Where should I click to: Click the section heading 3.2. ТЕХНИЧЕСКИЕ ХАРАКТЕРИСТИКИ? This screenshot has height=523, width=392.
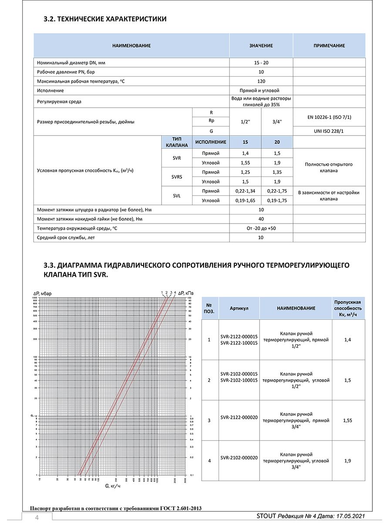105,19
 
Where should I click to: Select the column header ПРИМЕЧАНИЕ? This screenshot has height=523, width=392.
329,45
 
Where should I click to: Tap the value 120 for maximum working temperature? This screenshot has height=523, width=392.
261,81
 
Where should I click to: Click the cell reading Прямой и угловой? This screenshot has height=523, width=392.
261,91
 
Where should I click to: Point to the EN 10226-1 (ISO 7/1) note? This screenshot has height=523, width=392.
329,117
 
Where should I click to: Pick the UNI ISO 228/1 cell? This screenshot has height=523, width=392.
329,131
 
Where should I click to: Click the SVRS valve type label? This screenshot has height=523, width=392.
177,177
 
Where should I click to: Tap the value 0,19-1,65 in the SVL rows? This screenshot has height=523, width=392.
245,200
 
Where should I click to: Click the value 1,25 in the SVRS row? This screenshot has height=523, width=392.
245,172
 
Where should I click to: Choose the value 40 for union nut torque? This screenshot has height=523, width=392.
261,219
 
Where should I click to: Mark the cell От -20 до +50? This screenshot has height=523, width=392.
261,228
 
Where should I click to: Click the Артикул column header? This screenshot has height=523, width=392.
239,308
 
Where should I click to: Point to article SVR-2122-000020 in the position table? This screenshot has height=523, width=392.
239,418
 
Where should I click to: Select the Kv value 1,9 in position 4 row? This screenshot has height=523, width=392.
348,460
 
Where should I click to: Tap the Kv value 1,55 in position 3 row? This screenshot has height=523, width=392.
348,420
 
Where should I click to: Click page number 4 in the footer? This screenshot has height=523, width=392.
37,517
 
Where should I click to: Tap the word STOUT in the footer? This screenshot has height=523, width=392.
267,516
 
